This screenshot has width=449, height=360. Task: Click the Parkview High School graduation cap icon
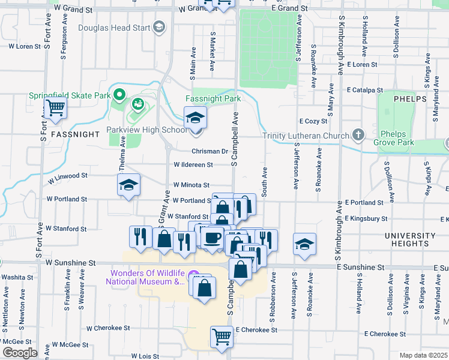(194, 116)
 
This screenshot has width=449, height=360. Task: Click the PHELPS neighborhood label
(410, 98)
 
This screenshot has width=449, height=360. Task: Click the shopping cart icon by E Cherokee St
(221, 336)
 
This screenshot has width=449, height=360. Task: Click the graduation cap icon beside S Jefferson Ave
(305, 244)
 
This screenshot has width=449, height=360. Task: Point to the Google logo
(20, 353)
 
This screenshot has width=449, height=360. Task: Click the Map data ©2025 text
(424, 355)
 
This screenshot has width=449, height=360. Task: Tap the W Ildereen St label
(193, 164)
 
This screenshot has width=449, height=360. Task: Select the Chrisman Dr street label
(210, 151)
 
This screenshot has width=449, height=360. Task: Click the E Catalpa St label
(364, 90)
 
